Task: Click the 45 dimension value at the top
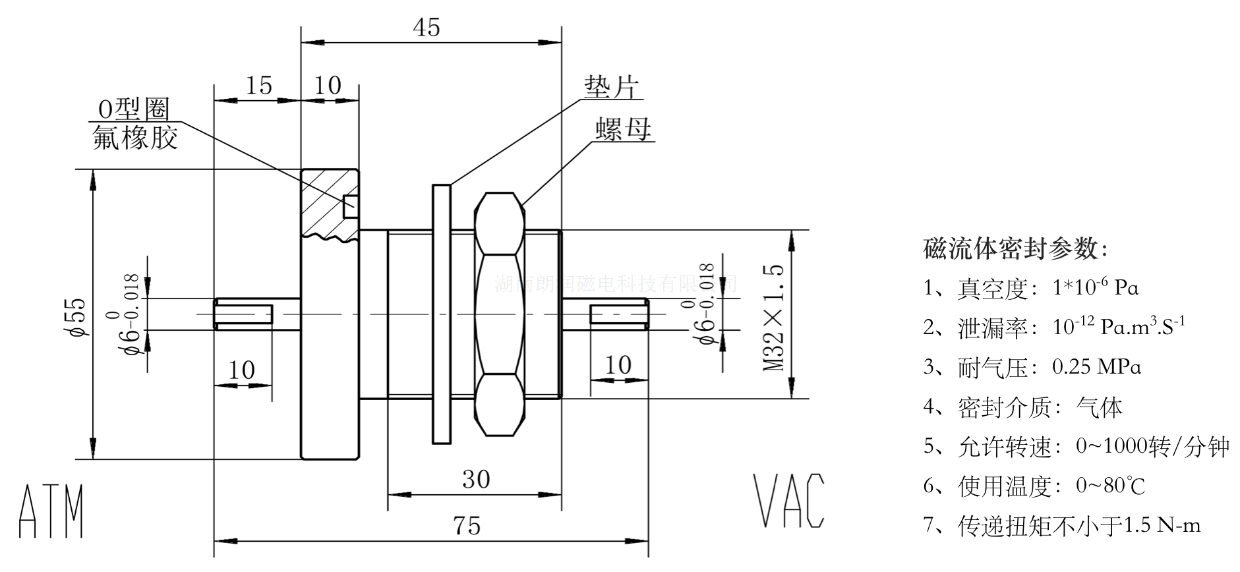[x=427, y=28]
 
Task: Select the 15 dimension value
[x=258, y=85]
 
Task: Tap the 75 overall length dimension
[x=467, y=527]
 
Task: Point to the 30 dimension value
[x=475, y=479]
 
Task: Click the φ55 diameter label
[x=76, y=317]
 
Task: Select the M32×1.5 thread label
[x=775, y=317]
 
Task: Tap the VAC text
[x=788, y=500]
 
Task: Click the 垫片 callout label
[x=612, y=86]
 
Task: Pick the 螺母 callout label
[x=622, y=129]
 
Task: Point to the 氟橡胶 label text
[x=135, y=137]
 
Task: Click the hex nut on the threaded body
[x=500, y=314]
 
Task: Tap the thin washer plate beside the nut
[x=441, y=314]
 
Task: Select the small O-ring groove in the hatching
[x=351, y=207]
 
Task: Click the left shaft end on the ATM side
[x=243, y=314]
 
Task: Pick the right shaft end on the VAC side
[x=618, y=314]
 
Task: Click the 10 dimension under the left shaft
[x=242, y=370]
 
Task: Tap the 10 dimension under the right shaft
[x=618, y=364]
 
